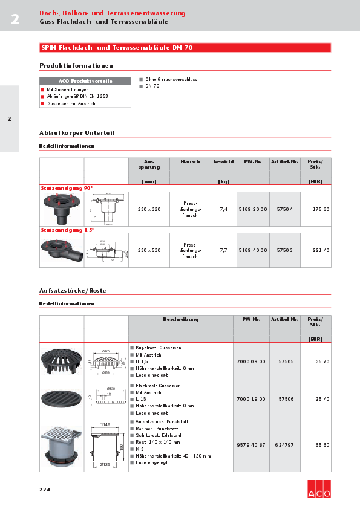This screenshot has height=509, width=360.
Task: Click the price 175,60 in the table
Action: point(321,209)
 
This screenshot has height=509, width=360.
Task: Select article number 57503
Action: point(284,250)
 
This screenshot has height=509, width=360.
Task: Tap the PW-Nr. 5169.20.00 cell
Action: point(252,209)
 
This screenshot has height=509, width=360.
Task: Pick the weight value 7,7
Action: point(223,250)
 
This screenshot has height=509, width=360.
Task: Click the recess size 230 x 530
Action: point(149,250)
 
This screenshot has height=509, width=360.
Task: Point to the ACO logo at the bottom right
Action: point(319,488)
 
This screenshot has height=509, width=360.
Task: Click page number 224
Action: point(45,489)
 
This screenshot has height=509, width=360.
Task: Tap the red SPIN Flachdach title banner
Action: point(185,47)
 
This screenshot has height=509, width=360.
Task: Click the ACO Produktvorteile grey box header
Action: point(85,81)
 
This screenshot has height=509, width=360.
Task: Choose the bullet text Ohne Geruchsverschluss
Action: point(171,79)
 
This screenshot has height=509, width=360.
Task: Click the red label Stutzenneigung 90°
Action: point(62,189)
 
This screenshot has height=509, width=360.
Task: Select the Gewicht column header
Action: point(223,162)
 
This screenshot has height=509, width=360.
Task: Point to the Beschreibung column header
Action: point(180,319)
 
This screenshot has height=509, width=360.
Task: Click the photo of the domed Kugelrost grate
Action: point(61,361)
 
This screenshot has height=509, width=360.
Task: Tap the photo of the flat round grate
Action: point(61,398)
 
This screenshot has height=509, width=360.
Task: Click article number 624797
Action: point(284,444)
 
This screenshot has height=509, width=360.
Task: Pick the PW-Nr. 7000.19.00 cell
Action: point(251,399)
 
